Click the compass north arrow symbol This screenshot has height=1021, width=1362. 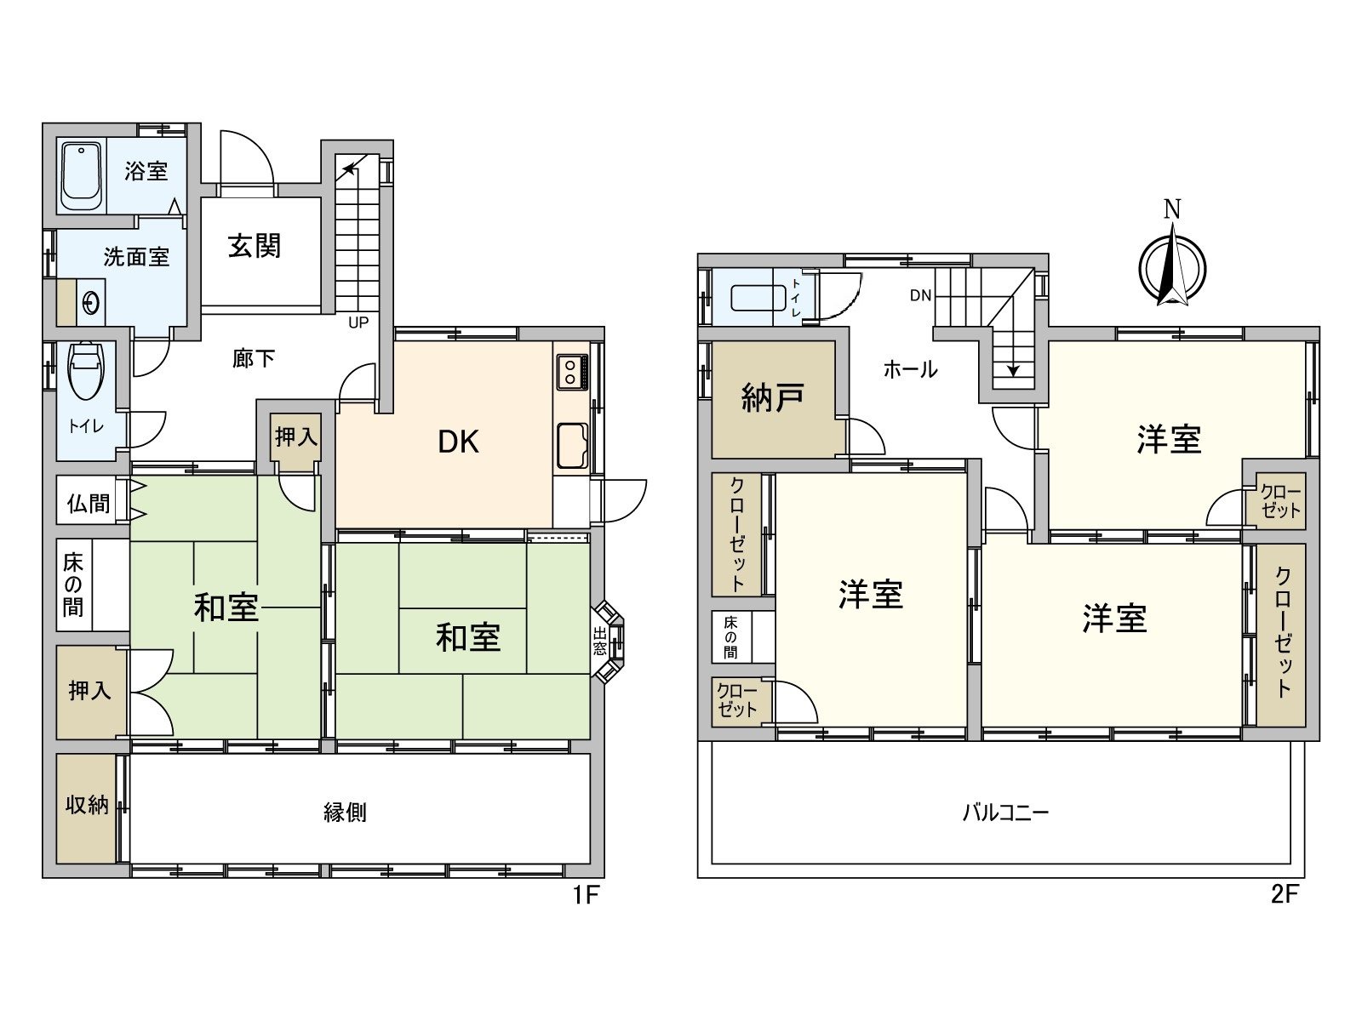[1172, 264]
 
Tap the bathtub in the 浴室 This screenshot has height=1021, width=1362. [81, 177]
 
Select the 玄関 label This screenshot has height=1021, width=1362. [255, 247]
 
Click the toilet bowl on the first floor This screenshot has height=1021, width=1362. [85, 371]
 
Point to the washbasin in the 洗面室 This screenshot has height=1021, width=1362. [90, 302]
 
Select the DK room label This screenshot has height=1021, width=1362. [458, 442]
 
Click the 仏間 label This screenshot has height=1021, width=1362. [89, 503]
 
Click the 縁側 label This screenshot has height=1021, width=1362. [346, 813]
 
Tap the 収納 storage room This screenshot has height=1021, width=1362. [88, 805]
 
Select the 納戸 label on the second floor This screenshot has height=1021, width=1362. [773, 398]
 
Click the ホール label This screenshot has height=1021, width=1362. [910, 369]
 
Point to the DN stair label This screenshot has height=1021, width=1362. [920, 296]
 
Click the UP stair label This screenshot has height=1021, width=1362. [358, 323]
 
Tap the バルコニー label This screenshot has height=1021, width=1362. [1005, 813]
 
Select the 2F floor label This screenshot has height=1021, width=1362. [1285, 895]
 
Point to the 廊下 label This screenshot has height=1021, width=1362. [254, 358]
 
